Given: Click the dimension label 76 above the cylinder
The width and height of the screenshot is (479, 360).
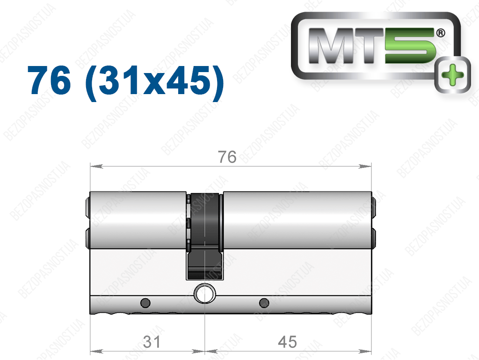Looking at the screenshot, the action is click(227, 157).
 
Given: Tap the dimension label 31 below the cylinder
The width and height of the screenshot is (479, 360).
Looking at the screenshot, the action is click(152, 342).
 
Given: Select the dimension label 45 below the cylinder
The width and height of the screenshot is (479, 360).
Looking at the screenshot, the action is click(287, 342).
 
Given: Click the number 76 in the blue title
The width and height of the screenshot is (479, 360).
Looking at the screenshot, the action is click(49, 81).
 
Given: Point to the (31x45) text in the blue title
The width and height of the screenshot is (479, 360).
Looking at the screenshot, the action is click(155, 82).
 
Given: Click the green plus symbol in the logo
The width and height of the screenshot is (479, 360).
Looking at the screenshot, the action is click(453, 74).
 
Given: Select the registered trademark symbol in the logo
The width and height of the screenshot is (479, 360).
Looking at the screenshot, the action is click(441, 33).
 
